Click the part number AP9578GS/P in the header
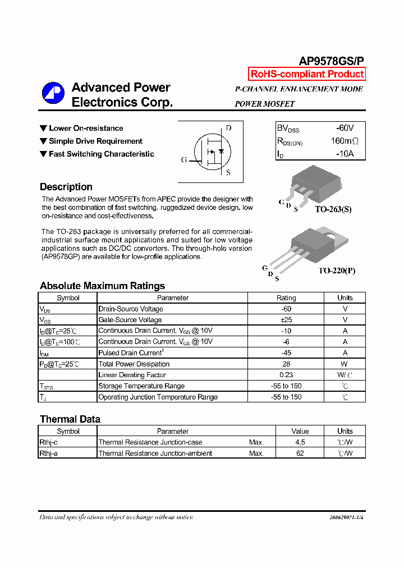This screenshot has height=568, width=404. click(332, 61)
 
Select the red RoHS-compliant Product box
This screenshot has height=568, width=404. click(307, 74)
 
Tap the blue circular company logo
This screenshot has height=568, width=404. click(53, 93)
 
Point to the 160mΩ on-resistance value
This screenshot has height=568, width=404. click(344, 141)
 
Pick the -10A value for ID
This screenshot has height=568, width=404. click(345, 154)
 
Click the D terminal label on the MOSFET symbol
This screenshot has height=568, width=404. click(228, 128)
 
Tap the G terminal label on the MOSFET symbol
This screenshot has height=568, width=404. click(183, 160)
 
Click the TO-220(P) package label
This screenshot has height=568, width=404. click(337, 271)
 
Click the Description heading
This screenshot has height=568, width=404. click(66, 187)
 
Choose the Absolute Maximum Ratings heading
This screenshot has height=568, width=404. click(102, 286)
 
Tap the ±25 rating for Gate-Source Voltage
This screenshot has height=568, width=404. click(286, 320)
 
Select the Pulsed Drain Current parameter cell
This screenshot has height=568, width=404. click(130, 352)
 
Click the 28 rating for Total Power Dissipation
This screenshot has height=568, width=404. click(286, 364)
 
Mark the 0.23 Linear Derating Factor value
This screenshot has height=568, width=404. click(286, 375)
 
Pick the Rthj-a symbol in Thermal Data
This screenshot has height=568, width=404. click(49, 454)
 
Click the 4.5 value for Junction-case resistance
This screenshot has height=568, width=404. click(300, 442)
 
